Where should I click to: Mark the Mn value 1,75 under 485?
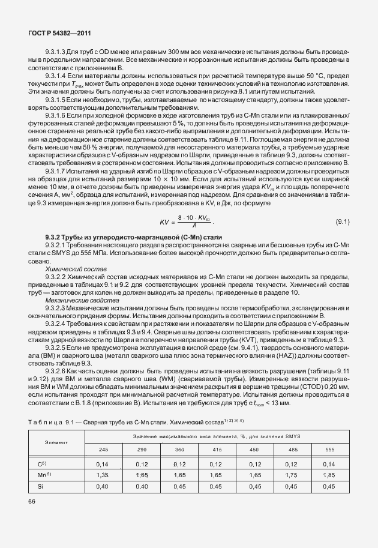click(x=292, y=474)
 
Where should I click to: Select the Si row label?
click(x=41, y=486)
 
